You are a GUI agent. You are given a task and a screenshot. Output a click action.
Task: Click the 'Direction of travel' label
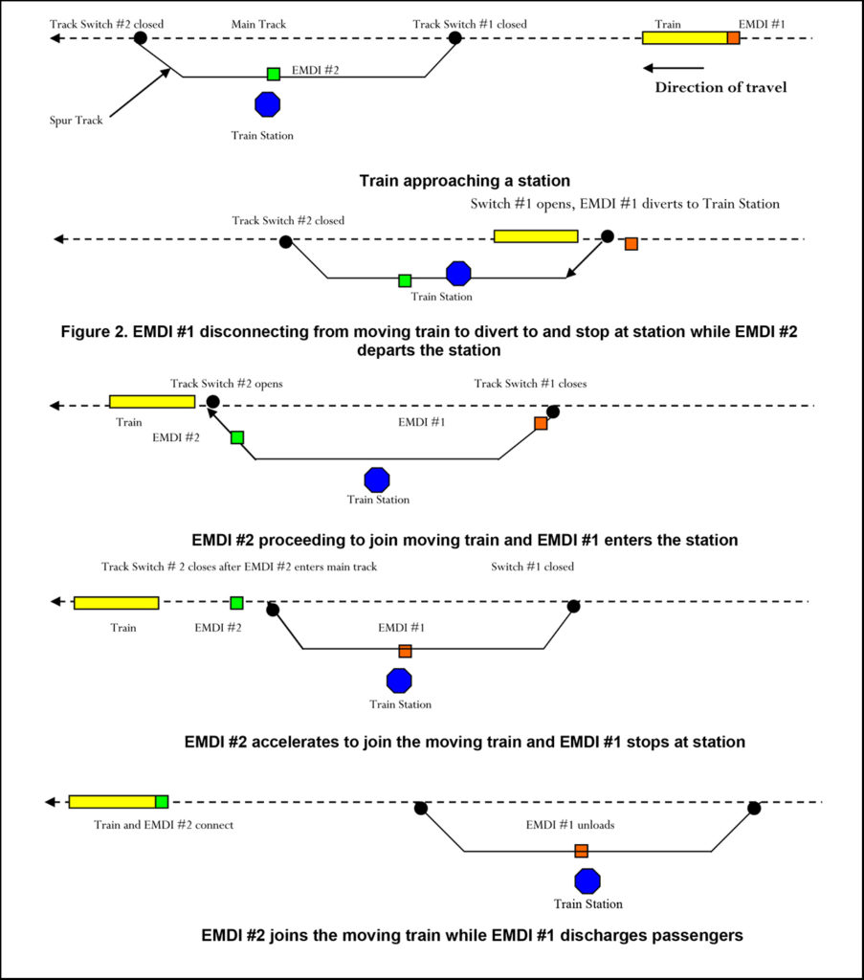[x=721, y=88]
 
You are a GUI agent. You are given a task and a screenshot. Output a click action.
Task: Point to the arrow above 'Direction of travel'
[x=674, y=68]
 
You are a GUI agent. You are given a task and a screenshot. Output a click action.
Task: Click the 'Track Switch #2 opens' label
[x=227, y=384]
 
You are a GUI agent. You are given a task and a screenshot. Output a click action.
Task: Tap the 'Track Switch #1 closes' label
[x=530, y=384]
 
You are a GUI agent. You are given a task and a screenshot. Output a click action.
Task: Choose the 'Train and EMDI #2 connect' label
[x=164, y=824]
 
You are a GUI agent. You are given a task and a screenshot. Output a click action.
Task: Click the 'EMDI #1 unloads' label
[x=570, y=824]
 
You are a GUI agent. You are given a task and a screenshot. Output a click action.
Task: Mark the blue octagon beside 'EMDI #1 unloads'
[x=587, y=881]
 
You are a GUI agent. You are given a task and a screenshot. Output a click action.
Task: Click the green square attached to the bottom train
[x=162, y=801]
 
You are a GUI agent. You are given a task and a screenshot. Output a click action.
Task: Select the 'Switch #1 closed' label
[x=533, y=567]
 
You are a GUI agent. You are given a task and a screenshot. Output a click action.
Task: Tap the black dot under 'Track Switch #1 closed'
[x=455, y=38]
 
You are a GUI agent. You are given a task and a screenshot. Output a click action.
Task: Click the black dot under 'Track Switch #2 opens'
[x=212, y=403]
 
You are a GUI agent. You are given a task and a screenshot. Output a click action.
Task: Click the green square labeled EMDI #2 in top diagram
[x=274, y=74]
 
